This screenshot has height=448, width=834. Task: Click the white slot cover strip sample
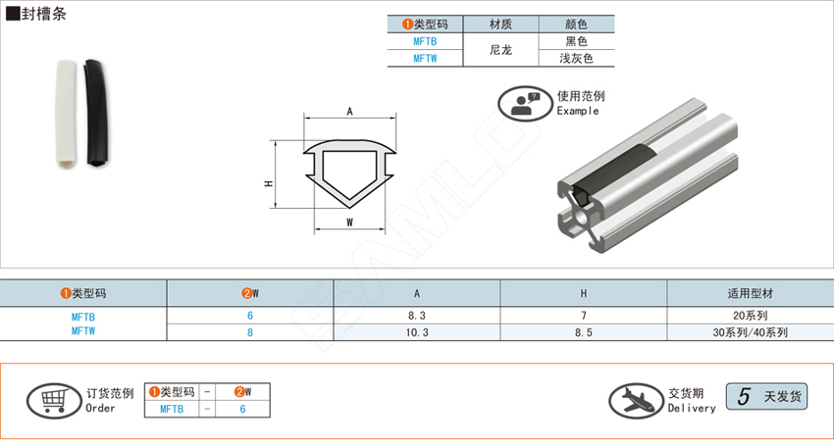[x=67, y=115]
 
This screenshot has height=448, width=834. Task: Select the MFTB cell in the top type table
[x=425, y=41]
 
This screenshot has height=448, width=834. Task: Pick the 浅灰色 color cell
[x=576, y=59]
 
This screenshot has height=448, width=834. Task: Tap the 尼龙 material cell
[x=500, y=50]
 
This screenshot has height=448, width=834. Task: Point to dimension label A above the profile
[x=349, y=111]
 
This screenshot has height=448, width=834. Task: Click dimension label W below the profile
[x=349, y=223]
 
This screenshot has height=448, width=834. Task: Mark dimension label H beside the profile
[x=269, y=183]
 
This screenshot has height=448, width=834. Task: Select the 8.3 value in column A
[x=416, y=316]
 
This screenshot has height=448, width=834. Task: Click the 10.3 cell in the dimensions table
[x=416, y=332]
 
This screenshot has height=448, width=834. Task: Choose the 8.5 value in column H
[x=584, y=332]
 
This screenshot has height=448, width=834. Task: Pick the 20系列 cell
[x=750, y=316]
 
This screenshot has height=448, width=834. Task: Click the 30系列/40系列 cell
[x=750, y=332]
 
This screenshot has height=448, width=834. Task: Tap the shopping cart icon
[x=54, y=401]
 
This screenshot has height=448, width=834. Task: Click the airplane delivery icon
[x=636, y=401]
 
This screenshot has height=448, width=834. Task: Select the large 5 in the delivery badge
[x=744, y=396]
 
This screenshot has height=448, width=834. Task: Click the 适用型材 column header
[x=750, y=293]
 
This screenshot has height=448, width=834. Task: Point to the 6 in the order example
[x=242, y=409]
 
